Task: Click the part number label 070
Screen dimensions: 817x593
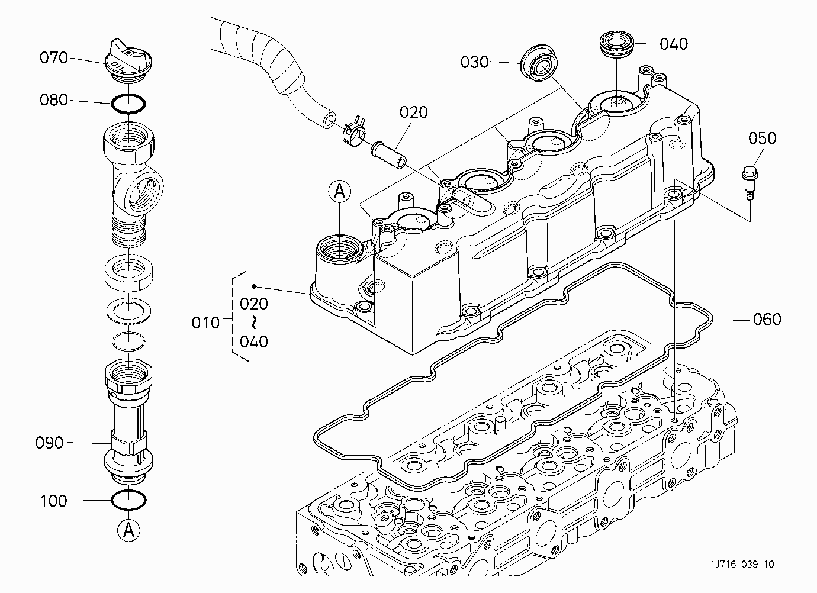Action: (x=54, y=57)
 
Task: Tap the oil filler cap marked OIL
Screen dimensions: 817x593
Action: (x=128, y=62)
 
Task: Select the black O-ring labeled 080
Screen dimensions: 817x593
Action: (x=128, y=104)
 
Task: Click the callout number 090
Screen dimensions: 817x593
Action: (x=49, y=443)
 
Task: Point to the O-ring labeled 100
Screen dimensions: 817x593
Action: (x=128, y=500)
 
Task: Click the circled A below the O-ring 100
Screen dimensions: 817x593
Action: (x=128, y=530)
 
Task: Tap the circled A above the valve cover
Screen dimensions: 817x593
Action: (x=340, y=191)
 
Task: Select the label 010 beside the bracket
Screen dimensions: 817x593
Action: (x=205, y=323)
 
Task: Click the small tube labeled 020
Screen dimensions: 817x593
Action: (x=389, y=156)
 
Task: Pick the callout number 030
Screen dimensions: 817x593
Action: (x=475, y=62)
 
